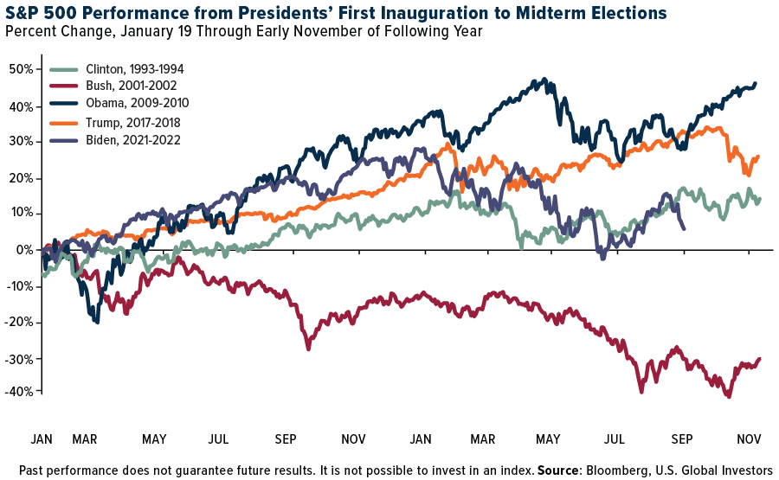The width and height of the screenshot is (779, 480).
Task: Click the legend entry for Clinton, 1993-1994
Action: (135, 69)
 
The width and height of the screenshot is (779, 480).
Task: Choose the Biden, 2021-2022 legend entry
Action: (130, 139)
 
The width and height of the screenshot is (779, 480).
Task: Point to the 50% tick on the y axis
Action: (23, 69)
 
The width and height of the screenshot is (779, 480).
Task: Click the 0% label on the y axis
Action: (26, 250)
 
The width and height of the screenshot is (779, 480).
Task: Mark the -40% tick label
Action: (21, 392)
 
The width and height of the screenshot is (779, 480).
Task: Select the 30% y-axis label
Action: (23, 142)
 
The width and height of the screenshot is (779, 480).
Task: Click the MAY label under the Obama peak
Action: (547, 439)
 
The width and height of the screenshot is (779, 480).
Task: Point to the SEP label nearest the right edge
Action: (683, 439)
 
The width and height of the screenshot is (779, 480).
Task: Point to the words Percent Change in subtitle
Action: (52, 33)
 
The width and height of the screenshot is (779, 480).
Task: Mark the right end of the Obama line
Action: (755, 84)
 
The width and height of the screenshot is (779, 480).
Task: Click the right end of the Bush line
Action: (759, 359)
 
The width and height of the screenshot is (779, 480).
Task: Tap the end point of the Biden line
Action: (685, 228)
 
